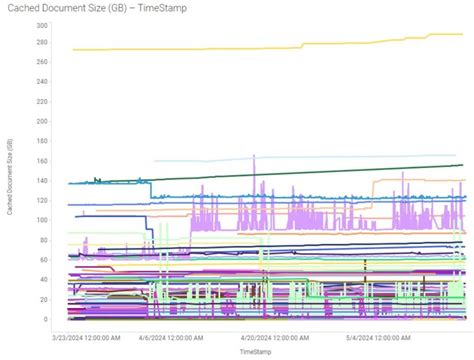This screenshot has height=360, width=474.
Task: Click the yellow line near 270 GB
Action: tap(200, 49)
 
